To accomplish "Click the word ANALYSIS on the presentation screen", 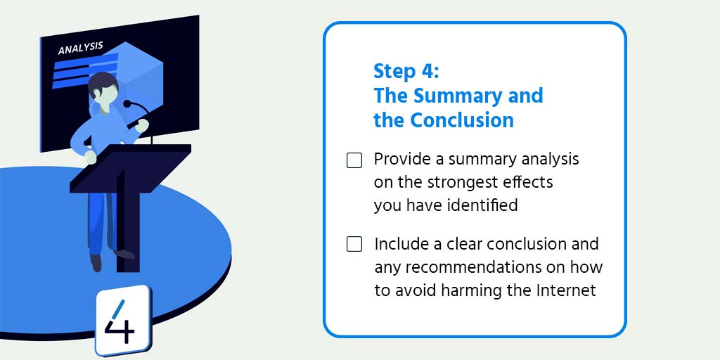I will click(x=80, y=49).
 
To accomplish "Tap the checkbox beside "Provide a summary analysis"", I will click(x=354, y=160).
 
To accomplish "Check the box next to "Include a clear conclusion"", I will click(x=354, y=245).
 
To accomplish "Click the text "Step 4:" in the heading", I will click(x=406, y=72).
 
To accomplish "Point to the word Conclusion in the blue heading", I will click(x=462, y=120).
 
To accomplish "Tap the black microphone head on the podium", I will click(x=127, y=104).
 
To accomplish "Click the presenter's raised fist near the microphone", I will click(x=143, y=125).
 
